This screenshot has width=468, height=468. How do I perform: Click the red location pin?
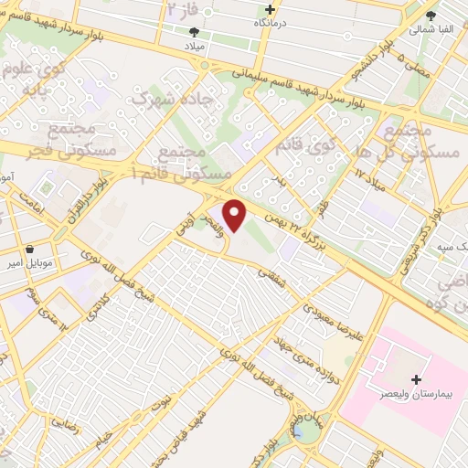point(236,215)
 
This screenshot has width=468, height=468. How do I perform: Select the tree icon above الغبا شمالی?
point(431,15)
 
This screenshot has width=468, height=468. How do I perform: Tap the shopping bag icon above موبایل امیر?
point(31,249)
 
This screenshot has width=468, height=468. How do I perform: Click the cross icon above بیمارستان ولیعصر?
point(417,378)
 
